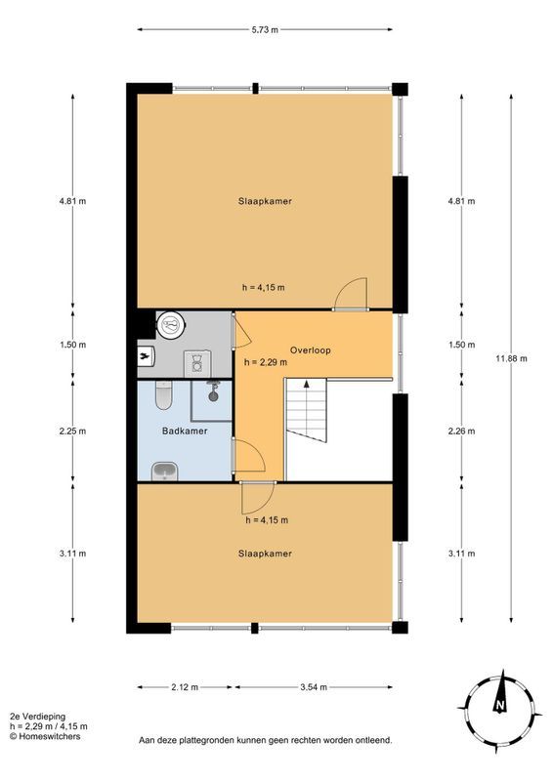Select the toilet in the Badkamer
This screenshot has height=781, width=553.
pos(164,394)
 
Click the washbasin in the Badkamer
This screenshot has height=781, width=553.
pos(165,472)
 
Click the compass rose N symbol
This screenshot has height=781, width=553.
pos(498,705)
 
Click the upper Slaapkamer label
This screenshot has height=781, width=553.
pos(265,202)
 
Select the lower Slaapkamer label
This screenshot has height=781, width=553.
pos(265,553)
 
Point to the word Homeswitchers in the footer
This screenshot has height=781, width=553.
pos(50,737)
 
